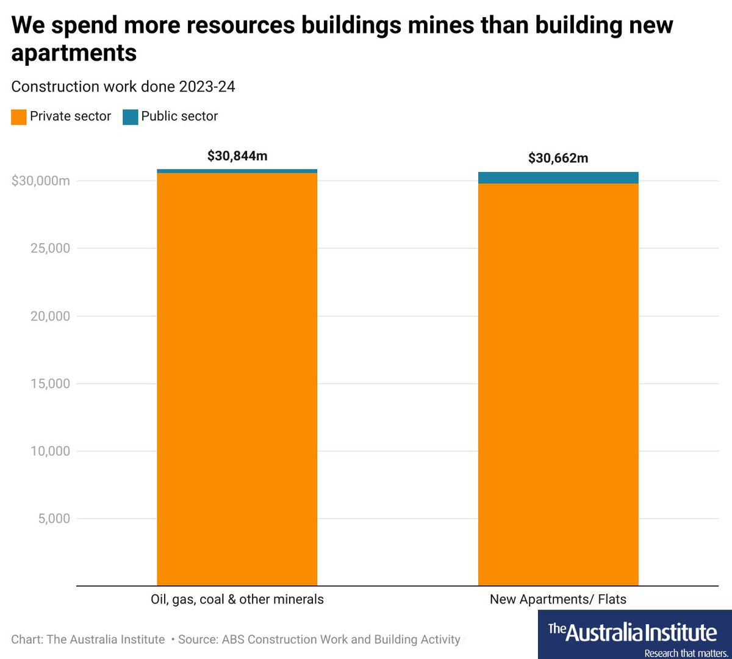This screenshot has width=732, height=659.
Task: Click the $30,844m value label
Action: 237,156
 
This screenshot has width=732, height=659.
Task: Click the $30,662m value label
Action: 558,158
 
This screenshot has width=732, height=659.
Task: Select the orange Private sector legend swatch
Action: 19,117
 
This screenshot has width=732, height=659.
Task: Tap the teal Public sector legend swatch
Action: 130,117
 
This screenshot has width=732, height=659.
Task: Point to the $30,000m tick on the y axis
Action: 41,181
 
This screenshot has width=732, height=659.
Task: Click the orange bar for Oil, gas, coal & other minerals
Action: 237,378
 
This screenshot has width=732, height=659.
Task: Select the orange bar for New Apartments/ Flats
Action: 558,384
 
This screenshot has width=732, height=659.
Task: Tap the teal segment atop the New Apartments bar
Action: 558,178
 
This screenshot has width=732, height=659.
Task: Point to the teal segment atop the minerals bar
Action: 237,171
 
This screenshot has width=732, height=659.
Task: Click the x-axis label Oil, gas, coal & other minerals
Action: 237,599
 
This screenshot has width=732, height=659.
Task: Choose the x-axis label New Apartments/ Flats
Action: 558,599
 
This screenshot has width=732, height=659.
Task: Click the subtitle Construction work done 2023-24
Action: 123,87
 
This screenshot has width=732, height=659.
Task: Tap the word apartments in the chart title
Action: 74,53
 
